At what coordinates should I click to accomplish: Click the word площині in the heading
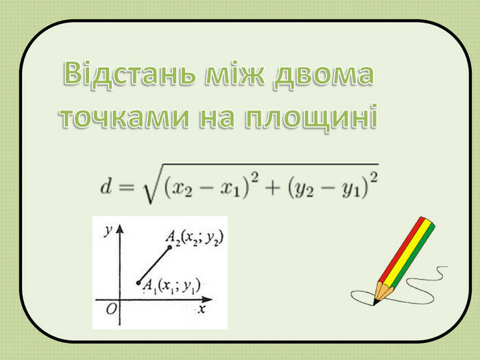(311, 118)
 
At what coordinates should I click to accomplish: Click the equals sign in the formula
(126, 187)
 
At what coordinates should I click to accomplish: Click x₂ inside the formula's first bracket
(183, 189)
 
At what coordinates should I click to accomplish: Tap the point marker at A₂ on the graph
(169, 247)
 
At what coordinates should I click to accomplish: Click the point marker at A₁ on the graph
(139, 283)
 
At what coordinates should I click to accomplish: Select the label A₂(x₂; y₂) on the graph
(194, 239)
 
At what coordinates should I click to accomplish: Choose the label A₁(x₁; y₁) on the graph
(171, 287)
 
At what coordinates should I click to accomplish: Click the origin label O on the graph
(111, 310)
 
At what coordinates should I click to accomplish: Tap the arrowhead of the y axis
(120, 229)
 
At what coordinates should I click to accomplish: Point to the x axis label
(201, 309)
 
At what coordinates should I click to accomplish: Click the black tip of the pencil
(374, 302)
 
